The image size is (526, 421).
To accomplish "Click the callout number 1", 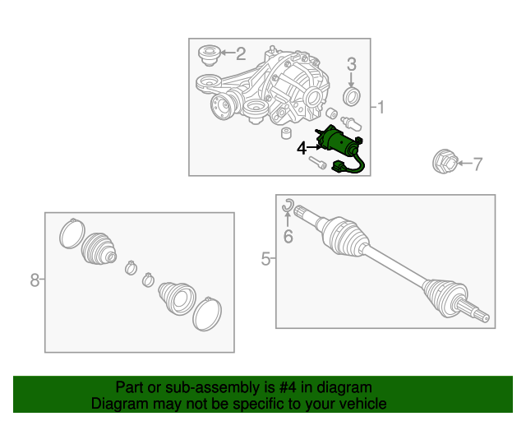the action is click(x=381, y=108).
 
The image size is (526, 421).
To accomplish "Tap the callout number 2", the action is click(x=241, y=53).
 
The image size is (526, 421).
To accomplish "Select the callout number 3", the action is click(x=351, y=64).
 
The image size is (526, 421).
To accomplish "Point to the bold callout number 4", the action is click(x=302, y=148).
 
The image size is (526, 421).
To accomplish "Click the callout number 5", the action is click(x=265, y=259).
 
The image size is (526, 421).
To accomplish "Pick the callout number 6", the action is click(x=288, y=236).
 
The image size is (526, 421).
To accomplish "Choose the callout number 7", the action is click(x=478, y=164).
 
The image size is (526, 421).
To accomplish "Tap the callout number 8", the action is click(x=35, y=280).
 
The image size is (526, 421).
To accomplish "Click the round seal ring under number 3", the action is click(x=352, y=96).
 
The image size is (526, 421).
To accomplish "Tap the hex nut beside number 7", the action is click(x=445, y=162).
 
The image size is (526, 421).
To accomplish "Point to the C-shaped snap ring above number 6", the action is click(x=288, y=206).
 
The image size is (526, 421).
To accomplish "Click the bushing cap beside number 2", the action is click(x=210, y=55).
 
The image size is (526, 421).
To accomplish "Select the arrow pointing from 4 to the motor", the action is click(x=314, y=147).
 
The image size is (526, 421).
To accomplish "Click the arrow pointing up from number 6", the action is click(x=287, y=219).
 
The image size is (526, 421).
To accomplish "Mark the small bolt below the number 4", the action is click(x=317, y=163).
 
